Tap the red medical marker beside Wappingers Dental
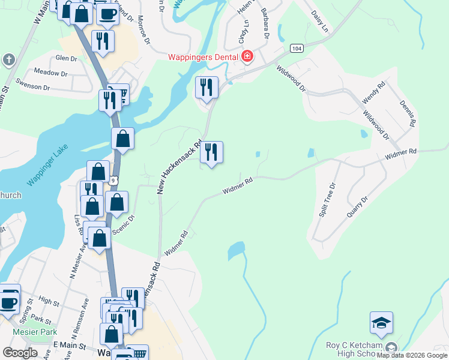tap(247, 57)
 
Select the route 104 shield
tap(295, 48)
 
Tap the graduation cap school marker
tap(382, 323)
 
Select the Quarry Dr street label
tap(357, 206)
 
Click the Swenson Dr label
tap(34, 87)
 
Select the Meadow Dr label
tap(50, 73)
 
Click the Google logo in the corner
tap(20, 352)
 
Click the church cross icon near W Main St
tap(8, 59)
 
